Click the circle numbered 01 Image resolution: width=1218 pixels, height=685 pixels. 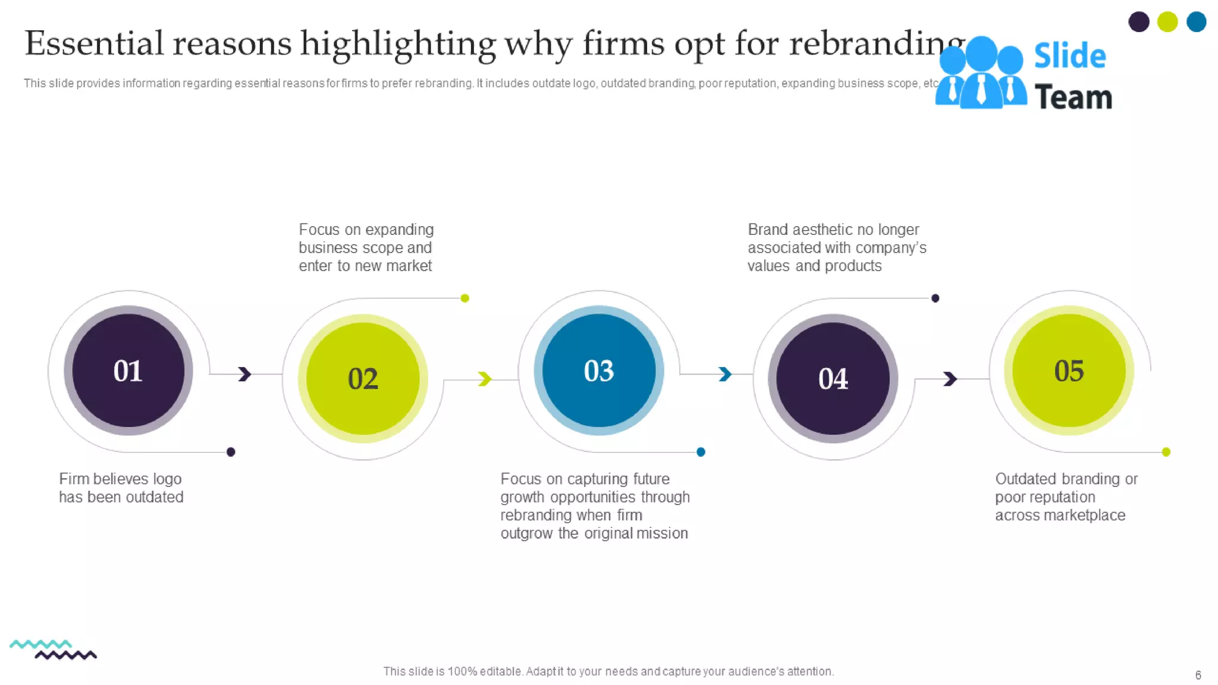[x=128, y=370]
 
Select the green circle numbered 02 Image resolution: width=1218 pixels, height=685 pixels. [x=363, y=378]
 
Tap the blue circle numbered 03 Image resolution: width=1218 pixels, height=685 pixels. [x=598, y=370]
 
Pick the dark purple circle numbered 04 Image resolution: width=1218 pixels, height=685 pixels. [x=833, y=378]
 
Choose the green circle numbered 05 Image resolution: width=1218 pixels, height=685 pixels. [x=1069, y=370]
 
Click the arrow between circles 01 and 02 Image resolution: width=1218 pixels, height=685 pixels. [x=244, y=374]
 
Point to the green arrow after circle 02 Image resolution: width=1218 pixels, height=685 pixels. [x=485, y=379]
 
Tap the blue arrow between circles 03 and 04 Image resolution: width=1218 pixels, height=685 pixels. [x=725, y=374]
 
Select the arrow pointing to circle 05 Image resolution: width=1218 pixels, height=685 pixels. [x=950, y=379]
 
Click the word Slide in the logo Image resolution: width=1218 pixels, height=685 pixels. [x=1069, y=56]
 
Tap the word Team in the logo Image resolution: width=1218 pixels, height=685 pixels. [x=1073, y=97]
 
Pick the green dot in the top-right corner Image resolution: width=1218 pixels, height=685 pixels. [x=1167, y=22]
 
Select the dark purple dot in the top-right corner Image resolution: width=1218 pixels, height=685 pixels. [x=1138, y=22]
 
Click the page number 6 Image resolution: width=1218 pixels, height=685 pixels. [x=1198, y=675]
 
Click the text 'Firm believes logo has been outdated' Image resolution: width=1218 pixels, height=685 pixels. [x=121, y=488]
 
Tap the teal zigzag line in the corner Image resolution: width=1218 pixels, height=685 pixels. [x=40, y=644]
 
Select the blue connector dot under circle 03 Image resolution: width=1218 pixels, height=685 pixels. [x=701, y=452]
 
